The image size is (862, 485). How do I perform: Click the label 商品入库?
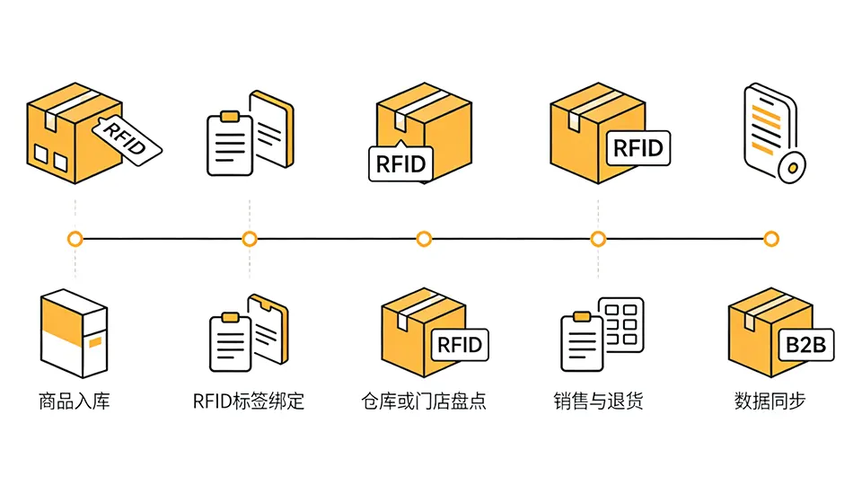(x=75, y=401)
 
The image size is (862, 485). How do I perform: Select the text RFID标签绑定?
(x=249, y=401)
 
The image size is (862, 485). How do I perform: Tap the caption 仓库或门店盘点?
(x=423, y=401)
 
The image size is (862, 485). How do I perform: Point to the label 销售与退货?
(x=598, y=401)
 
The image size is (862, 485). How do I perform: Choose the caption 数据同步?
(x=770, y=401)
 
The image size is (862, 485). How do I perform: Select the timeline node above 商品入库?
(x=75, y=239)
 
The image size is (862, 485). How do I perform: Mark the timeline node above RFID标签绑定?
(x=250, y=239)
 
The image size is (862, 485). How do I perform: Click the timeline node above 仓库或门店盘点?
(x=424, y=239)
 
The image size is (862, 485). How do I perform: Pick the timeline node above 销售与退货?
(x=598, y=239)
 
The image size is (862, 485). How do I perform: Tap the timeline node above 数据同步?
(x=770, y=239)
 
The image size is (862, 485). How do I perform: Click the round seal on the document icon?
(x=791, y=167)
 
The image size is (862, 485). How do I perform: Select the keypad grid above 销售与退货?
(x=623, y=319)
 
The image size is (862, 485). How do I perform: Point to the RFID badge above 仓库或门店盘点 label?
(x=460, y=344)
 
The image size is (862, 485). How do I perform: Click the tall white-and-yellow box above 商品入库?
(x=74, y=334)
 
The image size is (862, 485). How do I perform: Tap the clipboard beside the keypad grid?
(x=582, y=341)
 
